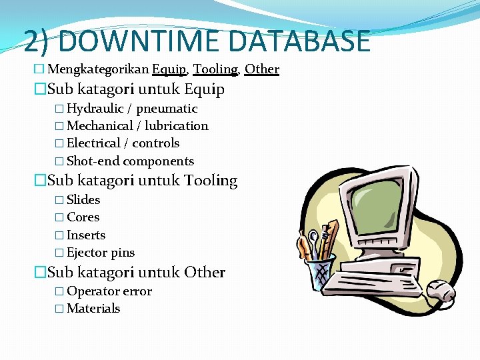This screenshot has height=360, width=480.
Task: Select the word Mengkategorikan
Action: pos(99,69)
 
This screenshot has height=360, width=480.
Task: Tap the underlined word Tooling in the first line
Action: pos(215,69)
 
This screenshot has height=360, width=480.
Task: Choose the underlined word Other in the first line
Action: pos(262,69)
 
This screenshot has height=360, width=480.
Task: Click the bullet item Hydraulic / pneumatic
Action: pos(132,109)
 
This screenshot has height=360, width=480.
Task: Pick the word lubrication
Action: pos(176,126)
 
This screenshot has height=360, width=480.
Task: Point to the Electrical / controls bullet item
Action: pos(123,143)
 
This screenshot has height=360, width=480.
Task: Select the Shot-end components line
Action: pos(130,161)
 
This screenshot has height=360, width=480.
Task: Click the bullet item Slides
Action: pos(83,200)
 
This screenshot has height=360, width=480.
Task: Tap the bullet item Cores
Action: pos(83,217)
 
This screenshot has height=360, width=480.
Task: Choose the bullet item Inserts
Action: pos(86,235)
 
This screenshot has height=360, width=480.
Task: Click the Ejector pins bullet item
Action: pos(101,253)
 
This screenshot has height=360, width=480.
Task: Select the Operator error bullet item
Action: pos(109,291)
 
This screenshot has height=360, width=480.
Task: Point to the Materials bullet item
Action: pos(93,309)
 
